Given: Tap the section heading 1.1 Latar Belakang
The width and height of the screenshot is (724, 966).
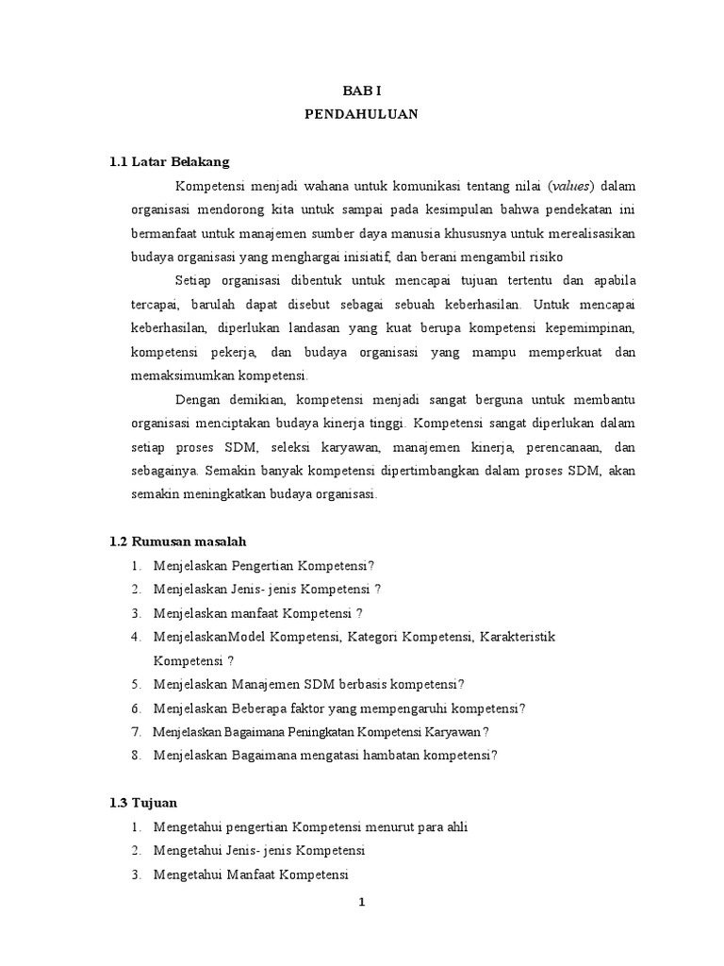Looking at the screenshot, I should [x=170, y=161].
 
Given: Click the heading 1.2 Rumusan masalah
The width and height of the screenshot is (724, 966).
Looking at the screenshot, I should [x=178, y=541].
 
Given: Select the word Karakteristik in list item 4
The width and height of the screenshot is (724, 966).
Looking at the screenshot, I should [x=518, y=637].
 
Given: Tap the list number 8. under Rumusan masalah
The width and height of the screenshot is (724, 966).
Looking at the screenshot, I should [x=137, y=755].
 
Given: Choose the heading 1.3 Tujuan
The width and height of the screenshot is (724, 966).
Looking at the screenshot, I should [x=144, y=803].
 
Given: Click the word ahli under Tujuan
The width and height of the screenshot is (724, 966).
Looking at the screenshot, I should [x=454, y=826].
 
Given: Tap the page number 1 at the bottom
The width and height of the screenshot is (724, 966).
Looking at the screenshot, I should [x=361, y=902].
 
